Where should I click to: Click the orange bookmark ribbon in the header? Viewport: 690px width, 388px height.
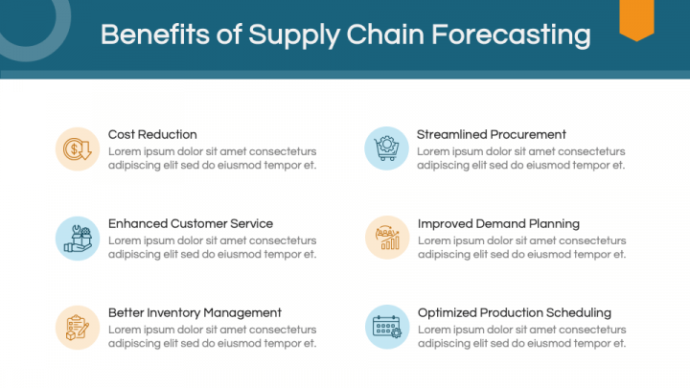[636, 19]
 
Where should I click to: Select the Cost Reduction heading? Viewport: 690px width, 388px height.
[152, 135]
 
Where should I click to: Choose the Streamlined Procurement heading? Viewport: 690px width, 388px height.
[491, 135]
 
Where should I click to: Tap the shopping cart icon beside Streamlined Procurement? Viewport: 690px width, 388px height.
[386, 148]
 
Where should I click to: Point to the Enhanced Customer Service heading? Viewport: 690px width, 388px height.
[190, 224]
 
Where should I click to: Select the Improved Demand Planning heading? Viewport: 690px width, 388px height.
[498, 224]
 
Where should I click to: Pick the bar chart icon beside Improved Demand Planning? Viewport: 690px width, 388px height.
[386, 238]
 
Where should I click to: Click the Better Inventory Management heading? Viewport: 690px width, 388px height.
[195, 313]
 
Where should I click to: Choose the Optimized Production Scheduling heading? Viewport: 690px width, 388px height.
[514, 313]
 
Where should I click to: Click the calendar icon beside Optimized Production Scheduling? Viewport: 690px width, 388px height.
[386, 327]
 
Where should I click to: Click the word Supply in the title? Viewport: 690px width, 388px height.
[290, 35]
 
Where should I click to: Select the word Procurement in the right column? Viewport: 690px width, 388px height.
[525, 135]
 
